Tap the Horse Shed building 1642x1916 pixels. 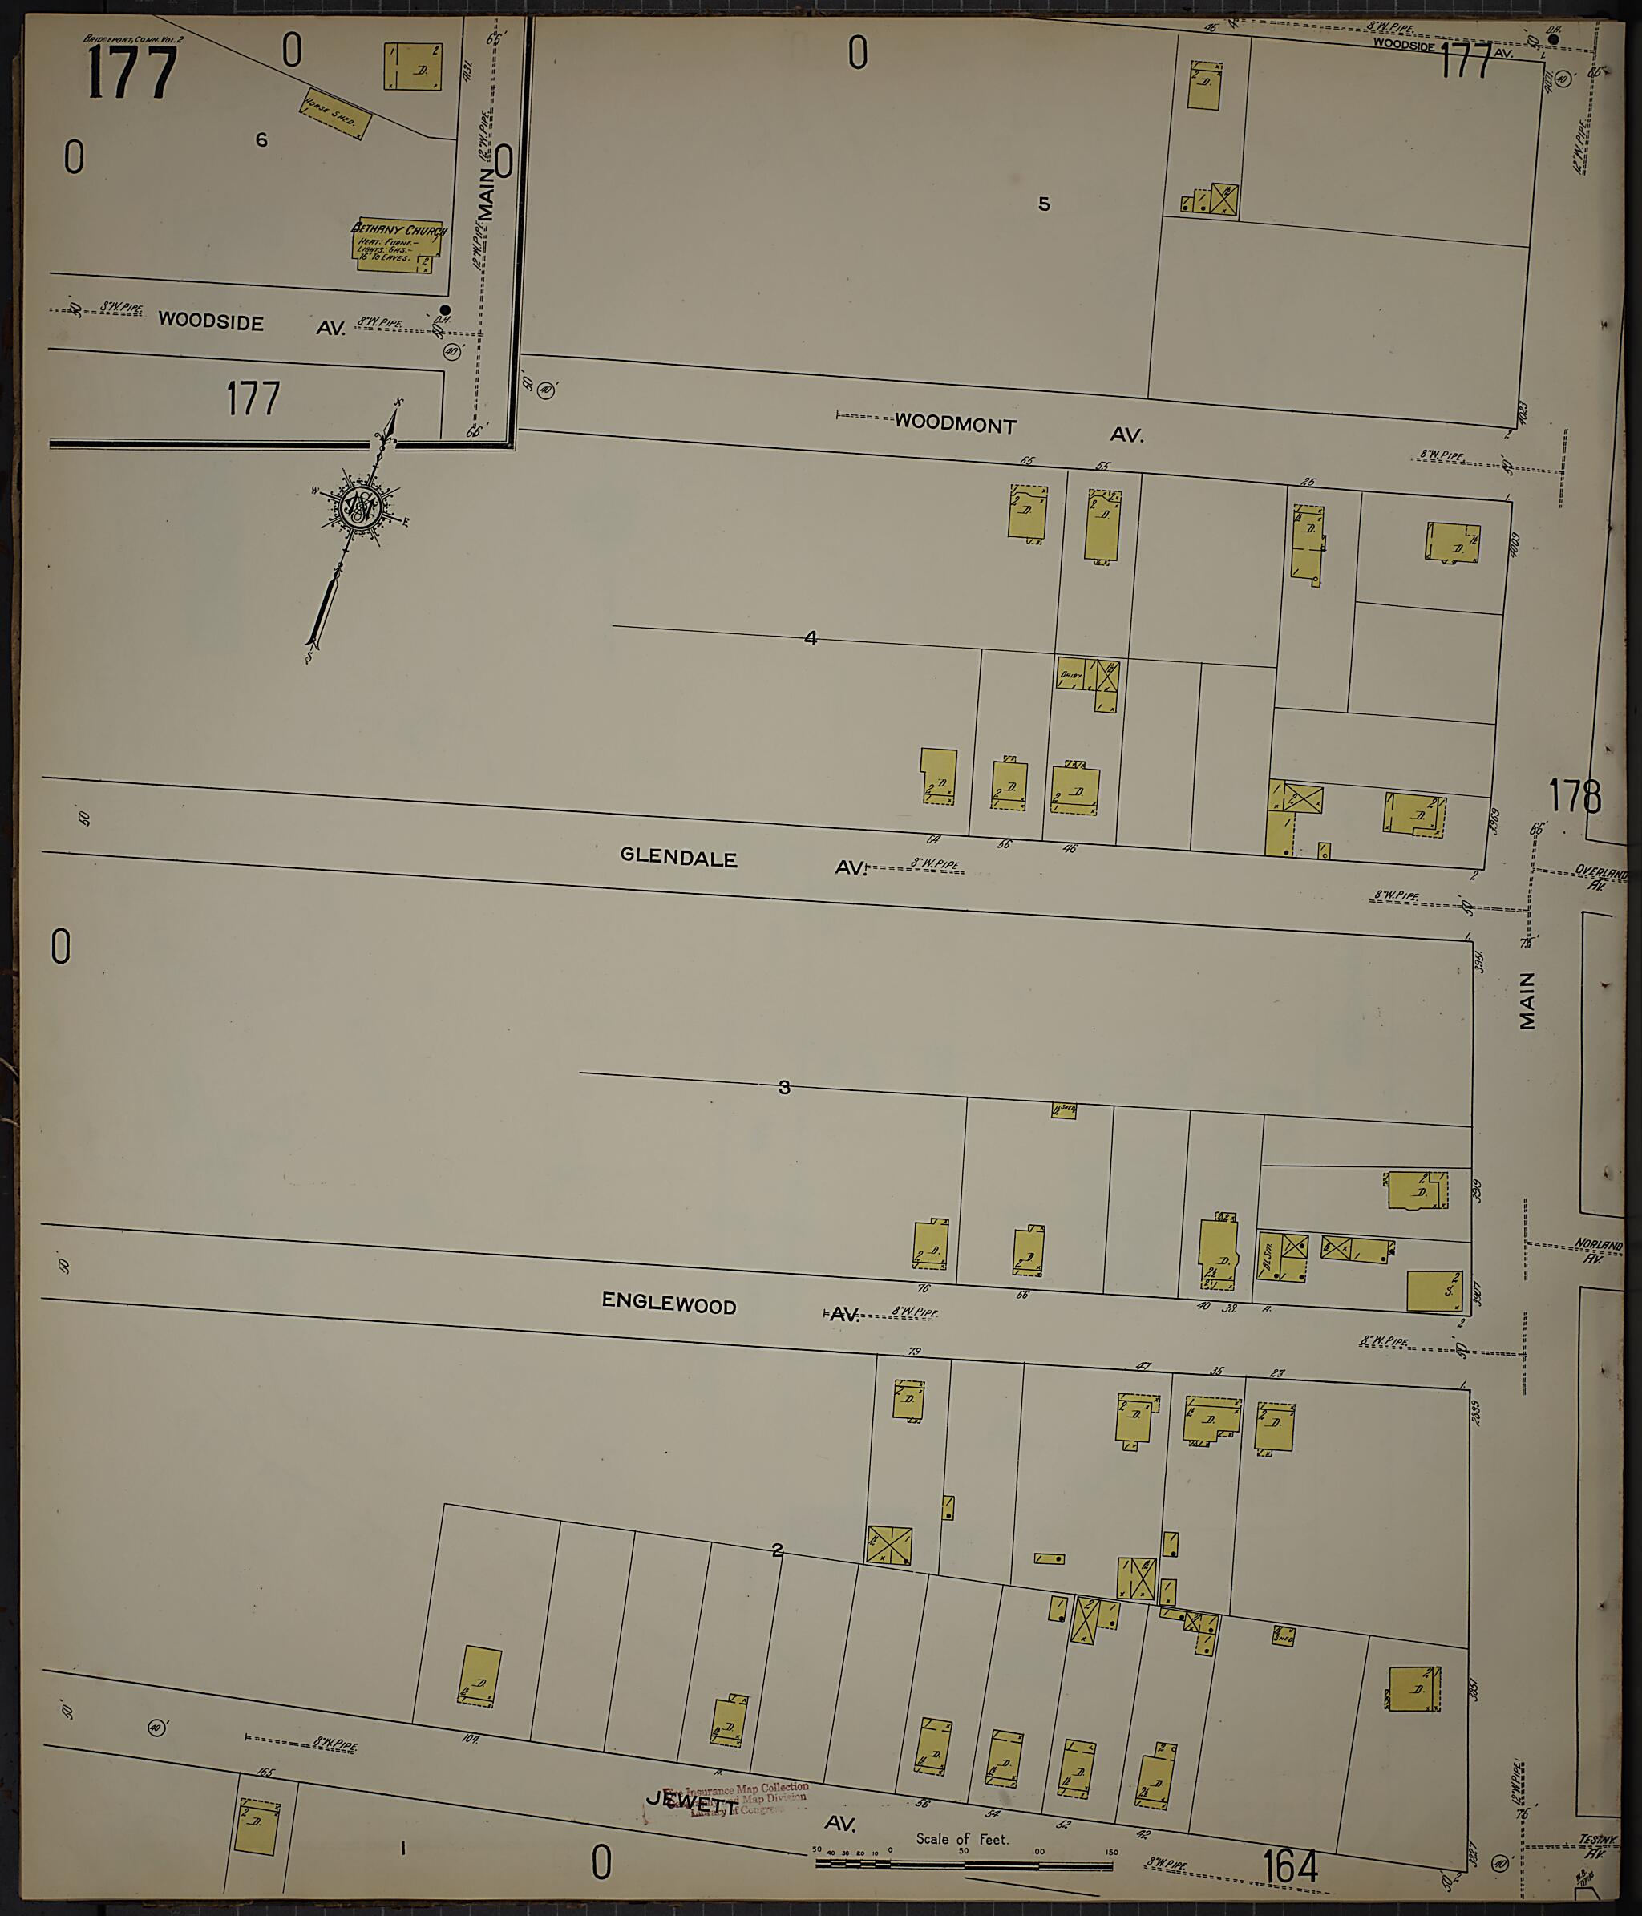(334, 114)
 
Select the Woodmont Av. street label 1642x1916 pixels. (955, 426)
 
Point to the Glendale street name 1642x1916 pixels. (678, 856)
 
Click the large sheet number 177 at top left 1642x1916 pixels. (131, 73)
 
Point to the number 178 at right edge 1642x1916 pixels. (1575, 795)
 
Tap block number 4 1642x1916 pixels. (811, 638)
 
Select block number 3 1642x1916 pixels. (784, 1087)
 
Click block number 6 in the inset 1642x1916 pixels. (261, 140)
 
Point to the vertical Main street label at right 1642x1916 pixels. (1527, 1000)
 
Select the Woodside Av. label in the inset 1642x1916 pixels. (211, 321)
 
